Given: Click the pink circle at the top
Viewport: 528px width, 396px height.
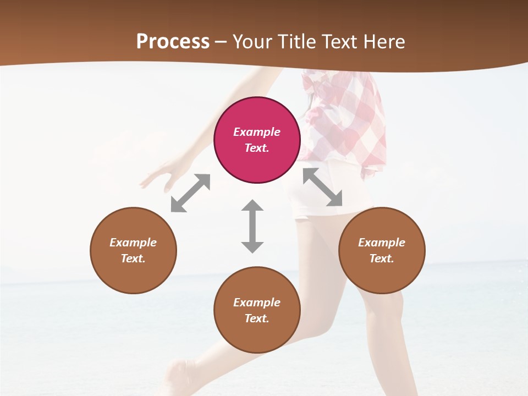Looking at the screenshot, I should pyautogui.click(x=257, y=140).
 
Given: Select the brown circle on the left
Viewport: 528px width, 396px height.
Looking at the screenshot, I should pyautogui.click(x=133, y=250).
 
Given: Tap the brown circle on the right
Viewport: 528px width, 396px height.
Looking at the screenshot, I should pyautogui.click(x=381, y=250).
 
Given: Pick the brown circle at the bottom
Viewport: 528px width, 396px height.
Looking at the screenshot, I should pyautogui.click(x=257, y=310).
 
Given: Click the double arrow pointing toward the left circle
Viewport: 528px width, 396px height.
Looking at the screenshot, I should pyautogui.click(x=190, y=193).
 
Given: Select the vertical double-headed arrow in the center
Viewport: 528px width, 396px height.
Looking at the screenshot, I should pyautogui.click(x=252, y=226).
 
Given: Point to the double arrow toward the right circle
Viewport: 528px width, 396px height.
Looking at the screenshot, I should pyautogui.click(x=323, y=187).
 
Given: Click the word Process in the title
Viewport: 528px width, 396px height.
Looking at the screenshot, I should pyautogui.click(x=173, y=42).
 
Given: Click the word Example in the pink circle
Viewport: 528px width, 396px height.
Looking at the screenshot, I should pyautogui.click(x=257, y=132).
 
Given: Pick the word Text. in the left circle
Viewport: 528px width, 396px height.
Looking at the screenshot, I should pyautogui.click(x=133, y=258).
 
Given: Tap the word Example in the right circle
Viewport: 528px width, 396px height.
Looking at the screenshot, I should pyautogui.click(x=381, y=243).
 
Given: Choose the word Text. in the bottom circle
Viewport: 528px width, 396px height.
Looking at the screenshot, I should pyautogui.click(x=257, y=318).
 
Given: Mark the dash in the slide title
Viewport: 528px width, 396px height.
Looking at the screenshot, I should pyautogui.click(x=221, y=42).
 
